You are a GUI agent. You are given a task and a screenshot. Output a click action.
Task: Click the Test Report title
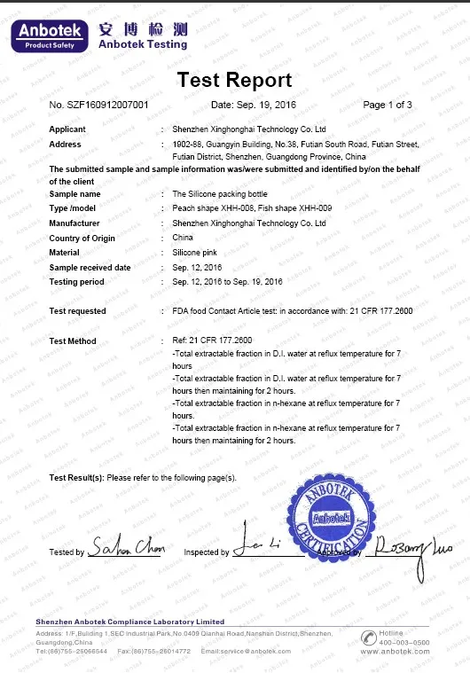coord(234,81)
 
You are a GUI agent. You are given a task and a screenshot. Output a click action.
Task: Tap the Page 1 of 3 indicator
coord(388,106)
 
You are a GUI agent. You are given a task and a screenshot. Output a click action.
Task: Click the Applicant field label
coord(67,129)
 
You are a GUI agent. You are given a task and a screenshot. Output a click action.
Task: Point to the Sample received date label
coord(90,268)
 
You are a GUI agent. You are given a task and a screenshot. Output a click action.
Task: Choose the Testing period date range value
coord(226,282)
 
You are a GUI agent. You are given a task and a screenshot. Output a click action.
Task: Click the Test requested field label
coord(77,311)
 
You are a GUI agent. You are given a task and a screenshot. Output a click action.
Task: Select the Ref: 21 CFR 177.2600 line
coord(212,341)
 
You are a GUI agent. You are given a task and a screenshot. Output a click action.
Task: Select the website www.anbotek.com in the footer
coord(395,652)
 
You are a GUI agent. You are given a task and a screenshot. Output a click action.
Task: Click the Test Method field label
coord(73,341)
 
